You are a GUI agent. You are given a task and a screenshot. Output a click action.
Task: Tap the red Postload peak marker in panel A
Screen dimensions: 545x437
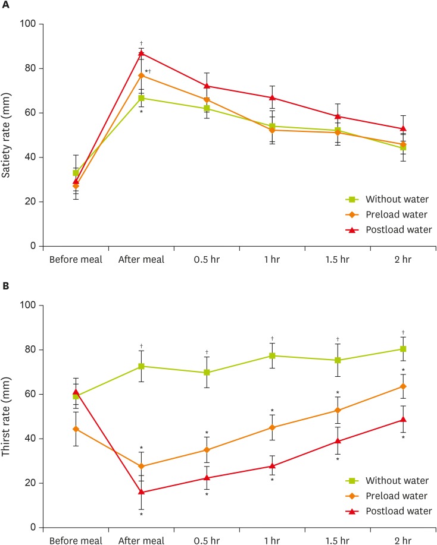click(x=141, y=53)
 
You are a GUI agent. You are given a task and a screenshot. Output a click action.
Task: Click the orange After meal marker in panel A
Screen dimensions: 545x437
click(x=141, y=75)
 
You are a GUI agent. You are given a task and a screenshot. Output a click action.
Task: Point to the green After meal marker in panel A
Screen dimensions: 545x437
click(x=141, y=98)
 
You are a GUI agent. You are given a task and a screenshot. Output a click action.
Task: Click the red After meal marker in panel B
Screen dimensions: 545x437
click(x=141, y=492)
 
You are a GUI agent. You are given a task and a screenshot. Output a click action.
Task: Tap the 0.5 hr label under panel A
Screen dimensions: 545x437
click(x=207, y=259)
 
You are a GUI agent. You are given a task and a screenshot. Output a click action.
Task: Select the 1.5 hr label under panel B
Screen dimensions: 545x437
click(x=337, y=540)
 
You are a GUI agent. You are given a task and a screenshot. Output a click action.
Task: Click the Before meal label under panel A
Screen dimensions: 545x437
click(x=76, y=259)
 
